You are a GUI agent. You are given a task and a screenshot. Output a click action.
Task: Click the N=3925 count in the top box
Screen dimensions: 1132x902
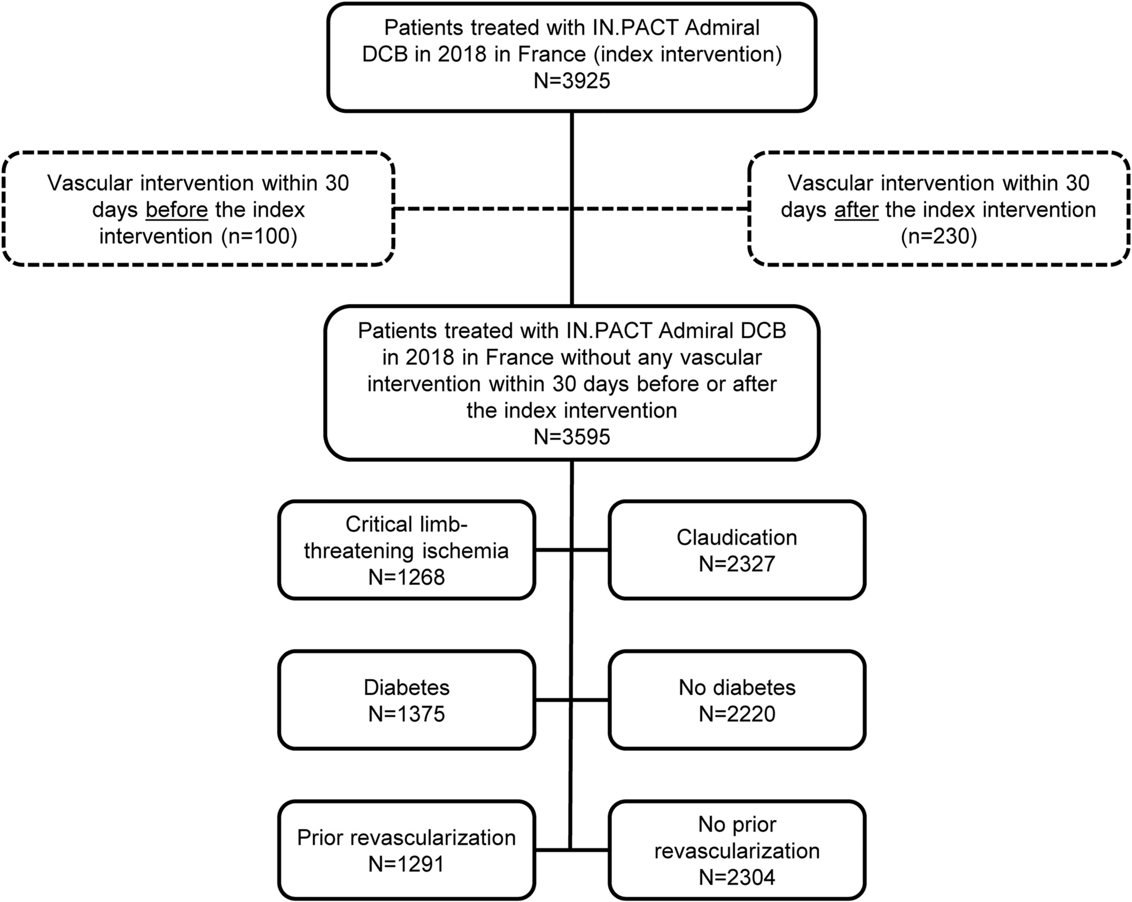[x=572, y=81]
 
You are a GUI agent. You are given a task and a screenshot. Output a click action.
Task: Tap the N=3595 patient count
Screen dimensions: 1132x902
[x=572, y=437]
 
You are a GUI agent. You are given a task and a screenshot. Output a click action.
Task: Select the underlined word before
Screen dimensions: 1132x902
[x=176, y=209]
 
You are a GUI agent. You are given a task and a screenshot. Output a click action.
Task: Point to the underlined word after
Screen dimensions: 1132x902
[x=856, y=209]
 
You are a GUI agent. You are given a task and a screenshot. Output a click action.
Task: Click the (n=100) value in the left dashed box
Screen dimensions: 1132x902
[x=259, y=236]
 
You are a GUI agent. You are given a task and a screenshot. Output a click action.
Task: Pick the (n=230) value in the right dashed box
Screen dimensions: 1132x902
[x=939, y=236]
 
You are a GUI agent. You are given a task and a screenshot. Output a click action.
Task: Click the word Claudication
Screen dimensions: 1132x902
[x=736, y=538]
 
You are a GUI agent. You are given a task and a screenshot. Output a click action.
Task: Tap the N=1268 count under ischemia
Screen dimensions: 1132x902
[x=406, y=577]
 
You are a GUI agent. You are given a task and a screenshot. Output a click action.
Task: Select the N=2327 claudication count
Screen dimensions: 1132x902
[x=736, y=564]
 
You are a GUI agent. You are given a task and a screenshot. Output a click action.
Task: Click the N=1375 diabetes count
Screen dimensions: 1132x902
[x=406, y=714]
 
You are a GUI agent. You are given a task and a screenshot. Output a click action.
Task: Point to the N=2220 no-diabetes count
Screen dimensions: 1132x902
[x=736, y=714]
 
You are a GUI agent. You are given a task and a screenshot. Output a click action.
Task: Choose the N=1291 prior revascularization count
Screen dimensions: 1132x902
[x=406, y=864]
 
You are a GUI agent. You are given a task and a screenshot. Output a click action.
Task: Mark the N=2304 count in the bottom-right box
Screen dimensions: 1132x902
[x=736, y=877]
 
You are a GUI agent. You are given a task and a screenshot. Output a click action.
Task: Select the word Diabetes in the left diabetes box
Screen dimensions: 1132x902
[x=406, y=688]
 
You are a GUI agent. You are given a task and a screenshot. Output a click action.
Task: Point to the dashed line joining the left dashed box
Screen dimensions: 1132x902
[x=483, y=209]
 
